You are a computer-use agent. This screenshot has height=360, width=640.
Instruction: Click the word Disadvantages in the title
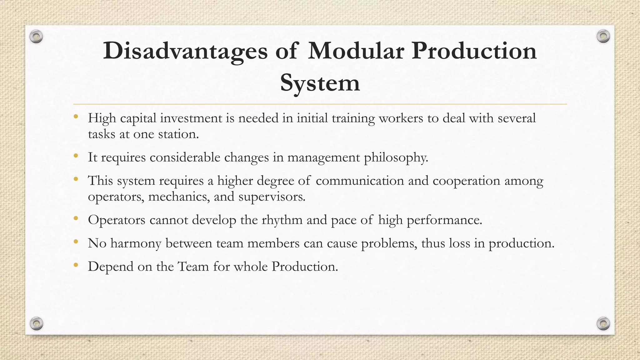[185, 51]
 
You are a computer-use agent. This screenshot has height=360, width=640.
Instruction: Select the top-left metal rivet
[36, 37]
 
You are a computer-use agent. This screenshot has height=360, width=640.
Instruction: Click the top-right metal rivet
[603, 37]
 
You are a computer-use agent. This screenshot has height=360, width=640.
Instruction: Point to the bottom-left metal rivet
[36, 323]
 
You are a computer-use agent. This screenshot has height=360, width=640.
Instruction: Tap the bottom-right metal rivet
[603, 323]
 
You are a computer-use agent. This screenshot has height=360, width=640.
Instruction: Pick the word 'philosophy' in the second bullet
[396, 157]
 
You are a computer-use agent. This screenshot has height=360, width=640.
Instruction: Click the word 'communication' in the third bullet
[360, 181]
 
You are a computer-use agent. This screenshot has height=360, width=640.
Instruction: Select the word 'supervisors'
[271, 197]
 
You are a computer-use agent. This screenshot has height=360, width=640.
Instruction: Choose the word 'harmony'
[136, 243]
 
